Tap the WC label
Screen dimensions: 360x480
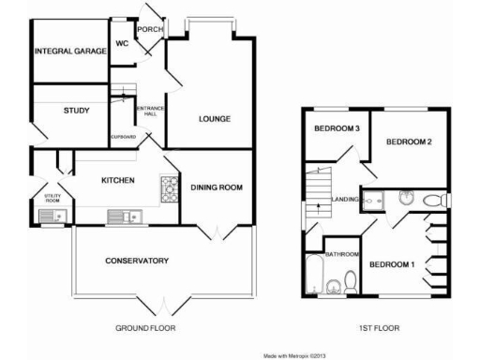[x=122, y=43]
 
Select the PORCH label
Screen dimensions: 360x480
[x=149, y=29]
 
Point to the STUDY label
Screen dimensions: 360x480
[x=77, y=112]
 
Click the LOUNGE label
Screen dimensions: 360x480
[x=214, y=119]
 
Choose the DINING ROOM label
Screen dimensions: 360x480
[x=217, y=187]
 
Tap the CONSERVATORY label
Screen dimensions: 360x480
[x=136, y=260]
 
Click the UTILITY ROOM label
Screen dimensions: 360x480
[x=52, y=199]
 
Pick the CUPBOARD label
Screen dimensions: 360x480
[x=124, y=137]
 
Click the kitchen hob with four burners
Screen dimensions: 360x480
[x=170, y=189]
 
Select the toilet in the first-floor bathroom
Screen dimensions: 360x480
[x=349, y=279]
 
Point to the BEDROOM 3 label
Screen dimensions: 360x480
[x=337, y=128]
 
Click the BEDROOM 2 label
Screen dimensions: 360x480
[x=409, y=142]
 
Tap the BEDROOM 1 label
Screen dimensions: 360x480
[x=391, y=265]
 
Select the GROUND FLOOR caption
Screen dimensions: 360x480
[x=145, y=328]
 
